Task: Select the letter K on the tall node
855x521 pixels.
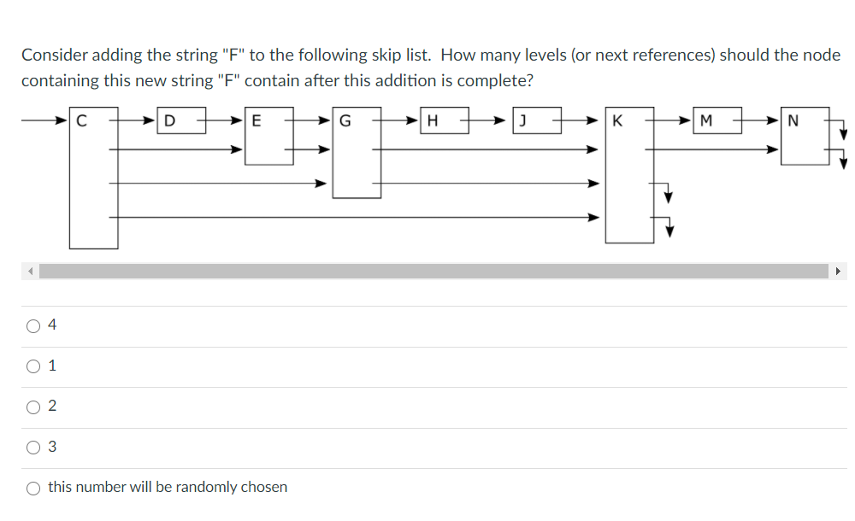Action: tap(617, 120)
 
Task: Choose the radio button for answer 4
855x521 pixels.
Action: tap(33, 325)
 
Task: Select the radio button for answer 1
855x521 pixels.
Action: tap(33, 366)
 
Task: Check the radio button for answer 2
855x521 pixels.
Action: tap(33, 407)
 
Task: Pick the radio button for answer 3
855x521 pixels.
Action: tap(33, 447)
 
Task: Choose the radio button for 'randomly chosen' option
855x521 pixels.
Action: tap(33, 488)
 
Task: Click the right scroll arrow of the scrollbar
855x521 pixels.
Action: tap(839, 272)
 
